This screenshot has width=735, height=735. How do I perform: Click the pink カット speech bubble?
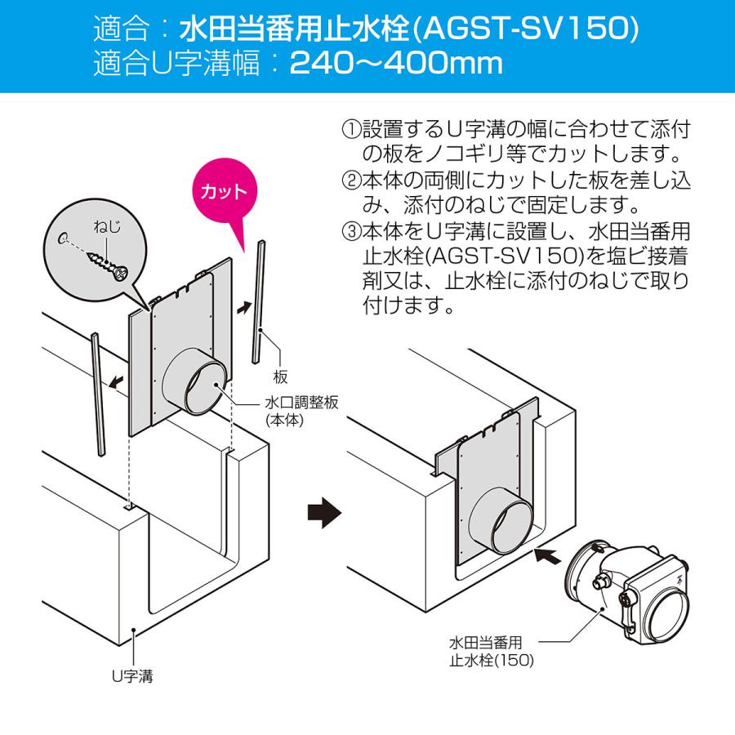(223, 193)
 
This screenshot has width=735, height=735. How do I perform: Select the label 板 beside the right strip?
(280, 376)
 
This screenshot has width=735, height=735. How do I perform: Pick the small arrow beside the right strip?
(244, 308)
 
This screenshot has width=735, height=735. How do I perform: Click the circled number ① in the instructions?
(351, 130)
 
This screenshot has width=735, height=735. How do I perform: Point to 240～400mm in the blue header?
(396, 64)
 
